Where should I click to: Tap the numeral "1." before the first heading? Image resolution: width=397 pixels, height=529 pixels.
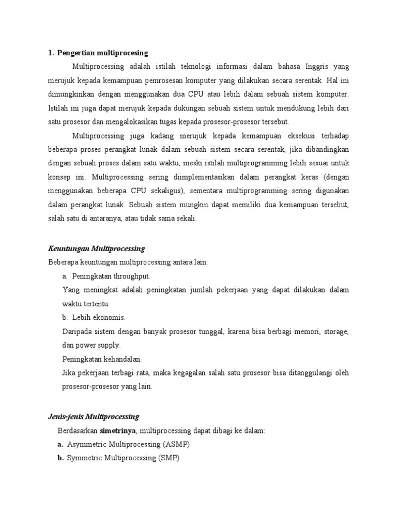click(x=51, y=53)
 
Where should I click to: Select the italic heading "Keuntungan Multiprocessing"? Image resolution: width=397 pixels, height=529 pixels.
click(x=96, y=248)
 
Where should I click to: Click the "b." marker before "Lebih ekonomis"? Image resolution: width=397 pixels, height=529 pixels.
click(x=66, y=317)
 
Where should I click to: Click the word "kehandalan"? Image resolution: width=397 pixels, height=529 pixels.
click(x=120, y=359)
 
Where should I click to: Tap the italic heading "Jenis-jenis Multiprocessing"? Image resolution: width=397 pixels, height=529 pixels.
click(x=94, y=416)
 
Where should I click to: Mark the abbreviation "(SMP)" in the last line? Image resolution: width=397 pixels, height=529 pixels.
click(x=169, y=458)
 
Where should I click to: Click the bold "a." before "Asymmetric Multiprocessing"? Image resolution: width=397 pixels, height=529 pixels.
click(x=60, y=444)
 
